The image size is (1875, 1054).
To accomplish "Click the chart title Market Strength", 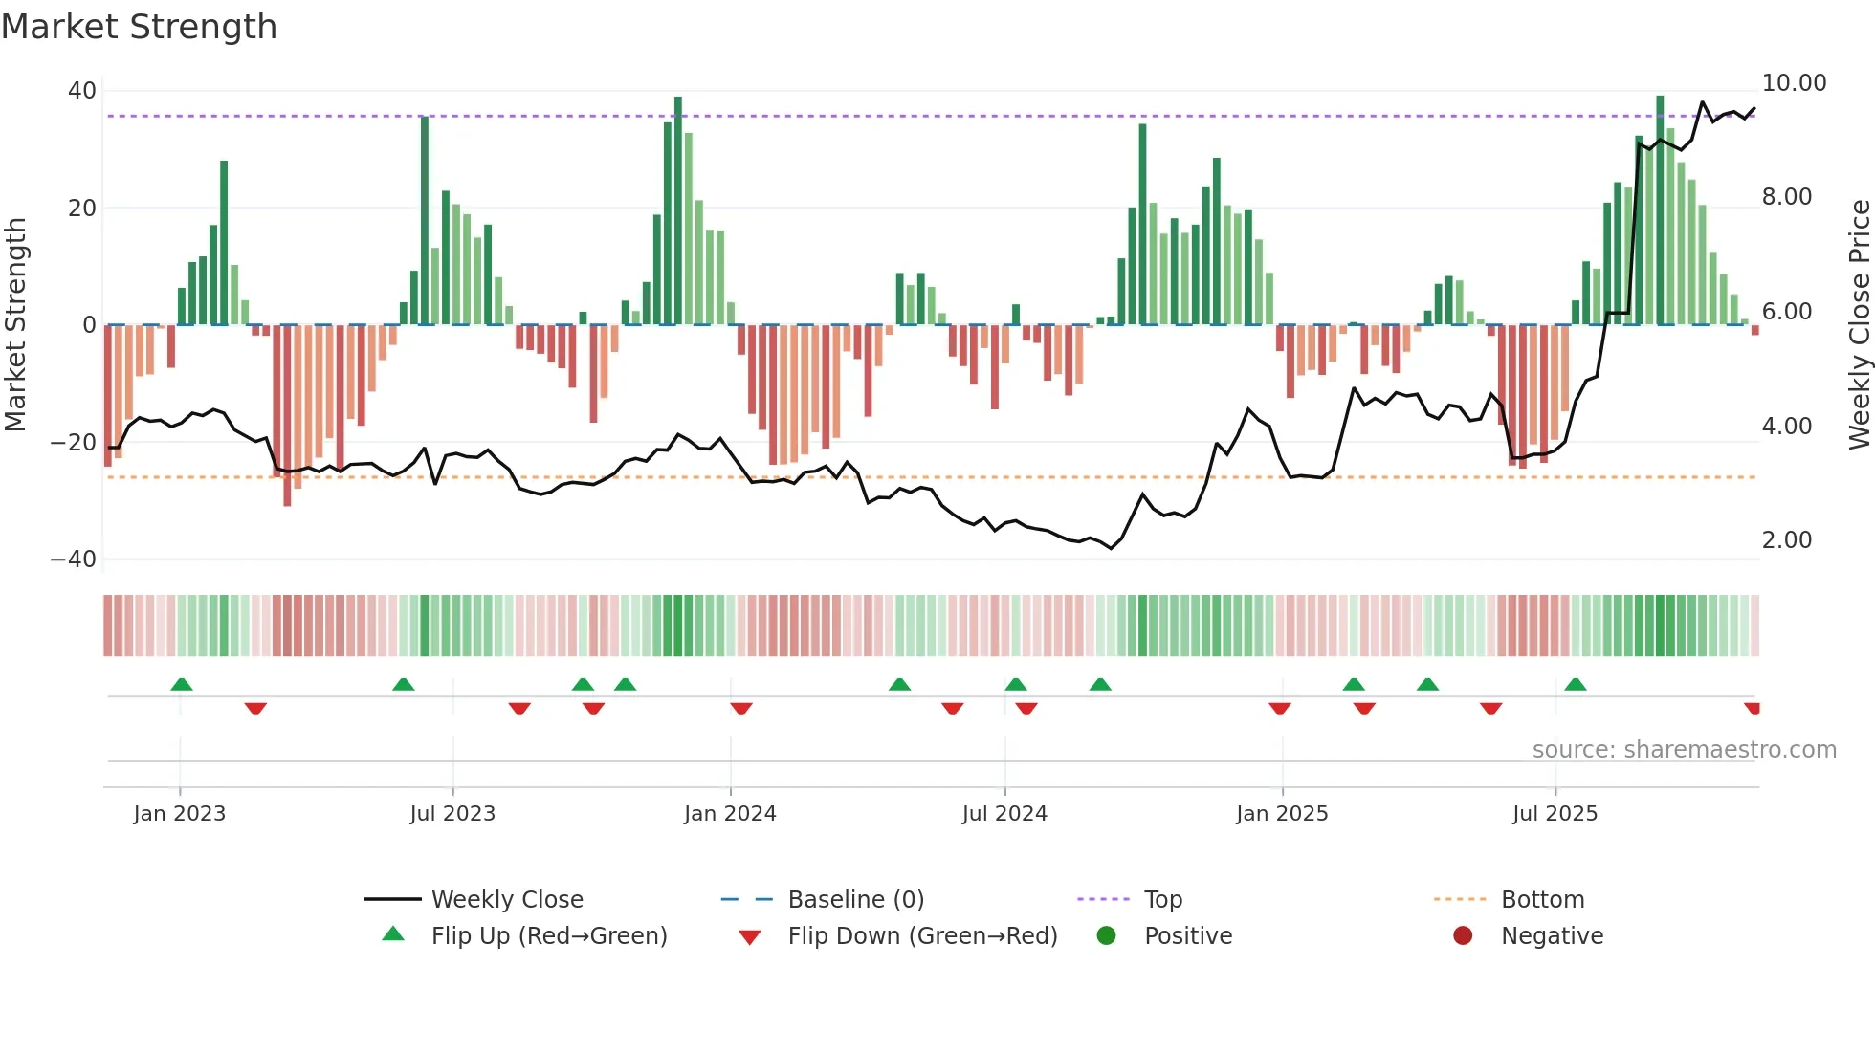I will point(139,27).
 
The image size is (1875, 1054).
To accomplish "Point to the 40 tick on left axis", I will point(82,91).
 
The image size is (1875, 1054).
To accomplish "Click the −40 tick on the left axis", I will point(74,560).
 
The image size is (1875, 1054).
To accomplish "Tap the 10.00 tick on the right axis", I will point(1794,83).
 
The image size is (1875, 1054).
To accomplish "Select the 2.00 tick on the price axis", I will point(1787,540).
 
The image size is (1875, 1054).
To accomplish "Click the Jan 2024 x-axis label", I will point(730,814).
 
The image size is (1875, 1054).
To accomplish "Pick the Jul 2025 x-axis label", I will point(1555,814).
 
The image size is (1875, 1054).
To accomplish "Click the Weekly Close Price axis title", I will point(1859,325).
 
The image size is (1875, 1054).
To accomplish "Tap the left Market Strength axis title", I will point(15,325).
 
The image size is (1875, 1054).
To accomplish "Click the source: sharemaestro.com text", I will point(1684,750).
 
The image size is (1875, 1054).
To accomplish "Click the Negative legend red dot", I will point(1463,936).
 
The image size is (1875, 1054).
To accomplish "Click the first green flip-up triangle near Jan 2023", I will point(182,684).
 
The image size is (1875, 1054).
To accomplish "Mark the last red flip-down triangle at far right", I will point(1752,709).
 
